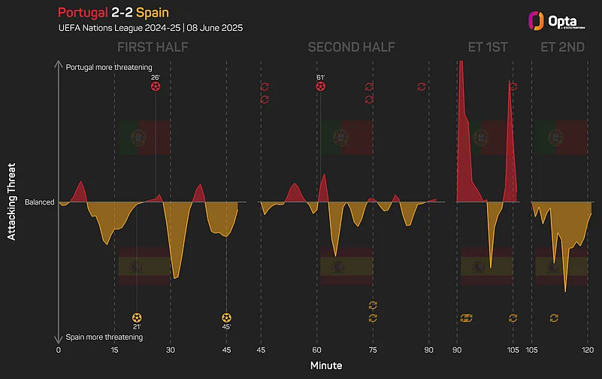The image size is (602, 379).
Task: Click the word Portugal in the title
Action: click(81, 13)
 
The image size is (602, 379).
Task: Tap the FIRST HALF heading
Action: click(153, 47)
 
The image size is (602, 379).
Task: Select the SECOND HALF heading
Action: click(351, 47)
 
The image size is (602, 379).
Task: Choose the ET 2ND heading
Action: click(561, 47)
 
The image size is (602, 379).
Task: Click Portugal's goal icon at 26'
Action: click(156, 86)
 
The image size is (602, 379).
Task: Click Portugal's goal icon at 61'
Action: click(321, 86)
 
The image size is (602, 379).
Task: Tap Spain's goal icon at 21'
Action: click(137, 317)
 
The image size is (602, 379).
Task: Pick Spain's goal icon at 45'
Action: click(226, 317)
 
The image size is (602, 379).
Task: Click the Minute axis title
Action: click(325, 365)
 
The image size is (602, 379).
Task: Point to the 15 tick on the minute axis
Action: click(114, 350)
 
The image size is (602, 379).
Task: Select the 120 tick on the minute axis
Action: click(588, 350)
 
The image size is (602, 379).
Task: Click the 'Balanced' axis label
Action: click(39, 202)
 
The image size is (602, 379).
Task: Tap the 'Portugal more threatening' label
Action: click(109, 67)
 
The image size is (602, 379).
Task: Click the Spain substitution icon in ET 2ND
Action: click(554, 317)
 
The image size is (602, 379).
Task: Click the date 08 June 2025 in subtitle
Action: click(211, 28)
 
